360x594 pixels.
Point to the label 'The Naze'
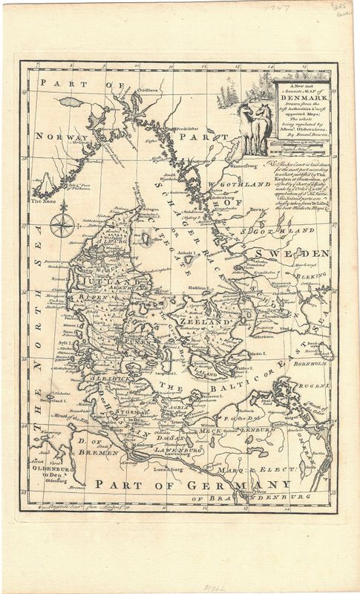(x=42, y=200)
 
